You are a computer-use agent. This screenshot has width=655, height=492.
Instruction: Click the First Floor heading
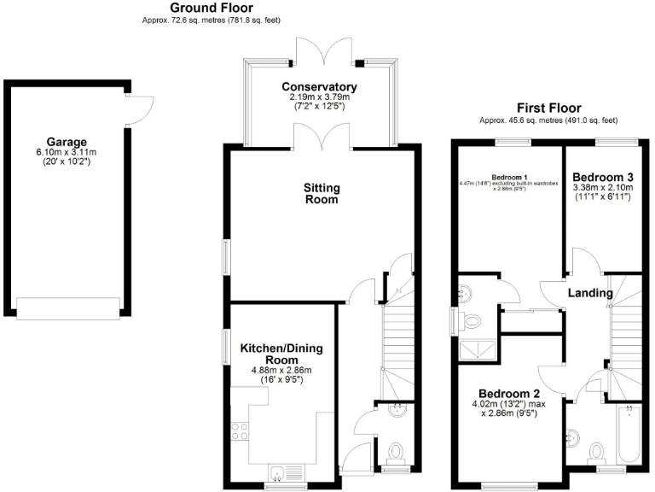(549, 108)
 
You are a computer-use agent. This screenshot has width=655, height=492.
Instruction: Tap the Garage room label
(67, 142)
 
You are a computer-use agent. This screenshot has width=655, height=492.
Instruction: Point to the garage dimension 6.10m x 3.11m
(67, 153)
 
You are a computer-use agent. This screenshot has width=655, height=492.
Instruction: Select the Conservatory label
(319, 87)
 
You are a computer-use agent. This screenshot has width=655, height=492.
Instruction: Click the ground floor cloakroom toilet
(395, 452)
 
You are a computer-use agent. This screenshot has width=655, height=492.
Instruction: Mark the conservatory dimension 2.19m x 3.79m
(319, 98)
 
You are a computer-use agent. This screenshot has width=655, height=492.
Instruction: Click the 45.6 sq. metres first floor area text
(549, 121)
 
